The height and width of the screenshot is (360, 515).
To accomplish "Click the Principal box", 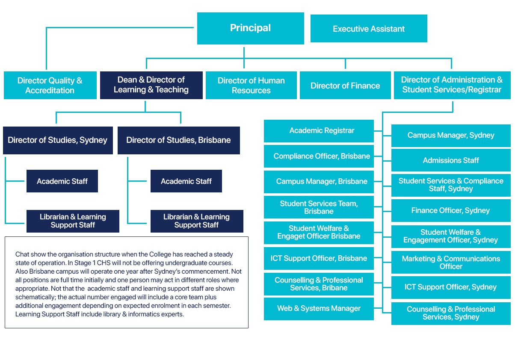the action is pos(250,28).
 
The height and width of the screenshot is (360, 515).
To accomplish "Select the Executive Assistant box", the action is pos(369,29).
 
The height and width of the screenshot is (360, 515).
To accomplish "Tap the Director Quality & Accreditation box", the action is pos(50,85).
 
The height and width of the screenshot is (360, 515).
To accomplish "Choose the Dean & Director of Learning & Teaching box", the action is pos(151,85).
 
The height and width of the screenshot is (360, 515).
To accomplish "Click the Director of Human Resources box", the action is pos(251,85).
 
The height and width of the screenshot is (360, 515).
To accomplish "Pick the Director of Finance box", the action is pos(345,85).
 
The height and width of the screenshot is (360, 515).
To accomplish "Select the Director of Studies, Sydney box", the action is pos(58,140).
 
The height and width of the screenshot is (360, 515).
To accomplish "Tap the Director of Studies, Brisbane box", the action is pos(179,140).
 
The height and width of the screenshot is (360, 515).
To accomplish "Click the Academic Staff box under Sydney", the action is pos(62,181).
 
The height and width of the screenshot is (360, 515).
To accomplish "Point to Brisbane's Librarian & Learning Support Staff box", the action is pos(197,221).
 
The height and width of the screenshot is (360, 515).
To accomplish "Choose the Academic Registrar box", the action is pos(319,131).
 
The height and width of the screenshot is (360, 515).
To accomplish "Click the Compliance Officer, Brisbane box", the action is pos(319,156).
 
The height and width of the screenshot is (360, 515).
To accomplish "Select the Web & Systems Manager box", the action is pos(319,309).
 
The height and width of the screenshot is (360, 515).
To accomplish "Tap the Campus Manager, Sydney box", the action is pos(451,136).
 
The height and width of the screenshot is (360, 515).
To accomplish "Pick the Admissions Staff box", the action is pos(451,160).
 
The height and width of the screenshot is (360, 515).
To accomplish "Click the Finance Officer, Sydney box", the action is pos(451,210).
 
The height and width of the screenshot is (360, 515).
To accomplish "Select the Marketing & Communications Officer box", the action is pos(451,262).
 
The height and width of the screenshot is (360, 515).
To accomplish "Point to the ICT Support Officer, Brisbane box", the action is pos(319,258).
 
